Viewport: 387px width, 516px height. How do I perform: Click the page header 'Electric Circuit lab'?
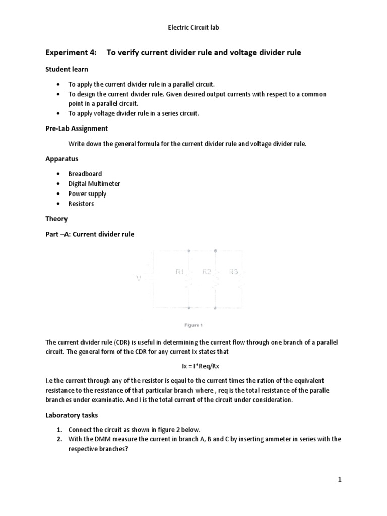coord(193,28)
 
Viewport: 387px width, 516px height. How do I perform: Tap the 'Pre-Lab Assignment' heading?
coord(77,128)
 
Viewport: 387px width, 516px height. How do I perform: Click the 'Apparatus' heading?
coord(62,159)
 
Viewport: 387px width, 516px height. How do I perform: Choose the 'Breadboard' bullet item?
coord(85,174)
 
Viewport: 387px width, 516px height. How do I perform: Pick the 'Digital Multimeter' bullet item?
coord(94,184)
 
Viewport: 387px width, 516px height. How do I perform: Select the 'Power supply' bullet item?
coord(87,193)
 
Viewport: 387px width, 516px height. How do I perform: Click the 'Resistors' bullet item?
coord(81,204)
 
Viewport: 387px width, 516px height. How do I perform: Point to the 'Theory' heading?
coord(57,219)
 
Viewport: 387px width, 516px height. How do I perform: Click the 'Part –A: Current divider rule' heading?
coord(90,234)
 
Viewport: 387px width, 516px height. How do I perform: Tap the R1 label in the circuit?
coord(180,272)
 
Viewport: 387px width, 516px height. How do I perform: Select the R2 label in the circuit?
coord(206,272)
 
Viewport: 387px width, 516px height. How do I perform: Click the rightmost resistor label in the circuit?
coord(233,272)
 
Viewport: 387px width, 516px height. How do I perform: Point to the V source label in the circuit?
coord(139,277)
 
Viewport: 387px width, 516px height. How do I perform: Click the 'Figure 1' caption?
coord(193,325)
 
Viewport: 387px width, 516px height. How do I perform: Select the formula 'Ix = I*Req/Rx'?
coord(193,366)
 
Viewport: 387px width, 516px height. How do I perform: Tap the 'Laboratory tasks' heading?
coord(73,415)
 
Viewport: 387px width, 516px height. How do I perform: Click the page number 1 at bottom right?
coord(340,480)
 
